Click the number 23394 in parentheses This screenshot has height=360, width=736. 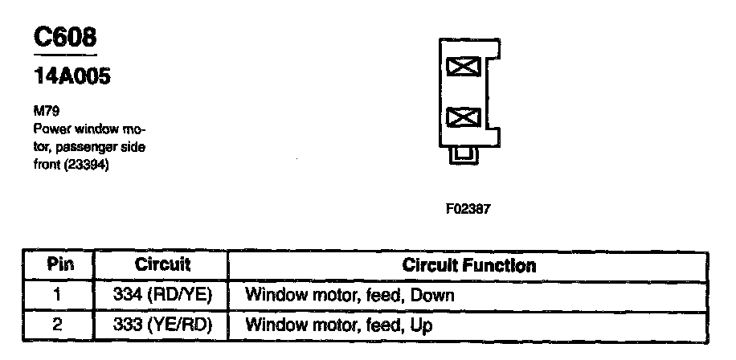pyautogui.click(x=85, y=166)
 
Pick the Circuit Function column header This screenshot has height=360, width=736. pyautogui.click(x=468, y=265)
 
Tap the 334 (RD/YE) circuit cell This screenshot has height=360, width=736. pyautogui.click(x=162, y=295)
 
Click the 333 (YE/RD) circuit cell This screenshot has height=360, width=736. pyautogui.click(x=162, y=325)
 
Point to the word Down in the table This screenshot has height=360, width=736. pyautogui.click(x=431, y=295)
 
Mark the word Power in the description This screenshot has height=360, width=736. pyautogui.click(x=47, y=129)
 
